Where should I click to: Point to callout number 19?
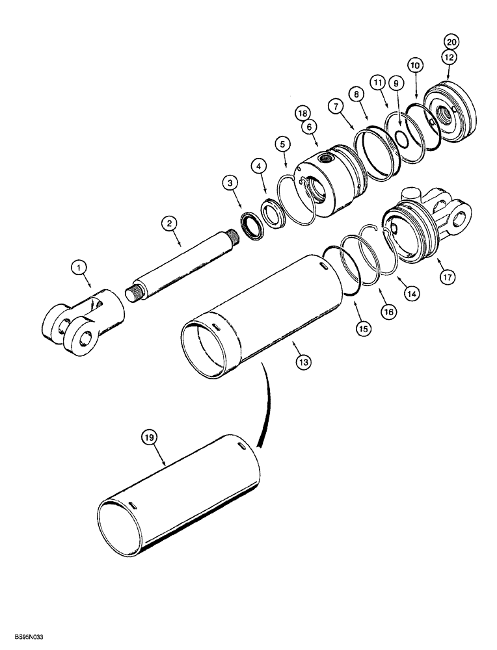coord(150,439)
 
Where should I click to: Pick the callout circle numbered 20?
coord(451,42)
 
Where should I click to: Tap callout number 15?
coord(362,329)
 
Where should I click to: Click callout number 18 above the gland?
coord(302,113)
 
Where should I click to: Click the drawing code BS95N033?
coord(26,640)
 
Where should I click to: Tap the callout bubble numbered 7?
coord(336,105)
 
